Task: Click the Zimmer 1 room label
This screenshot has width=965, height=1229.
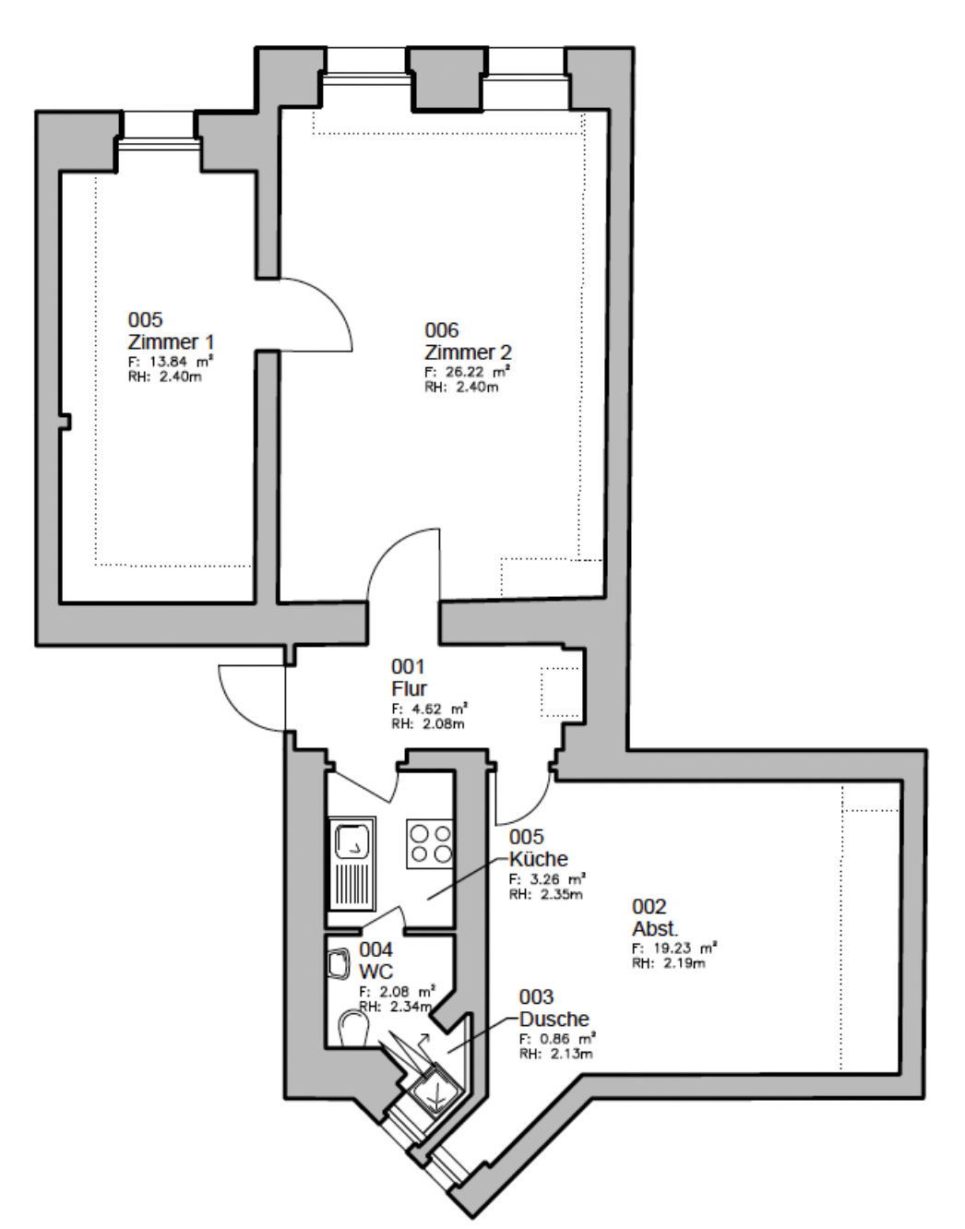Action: [x=171, y=342]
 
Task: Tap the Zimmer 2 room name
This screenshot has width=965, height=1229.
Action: [x=468, y=352]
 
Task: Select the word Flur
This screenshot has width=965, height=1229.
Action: [x=409, y=689]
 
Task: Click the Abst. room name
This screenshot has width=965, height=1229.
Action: [x=655, y=929]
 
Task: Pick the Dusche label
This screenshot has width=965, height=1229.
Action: [x=554, y=1019]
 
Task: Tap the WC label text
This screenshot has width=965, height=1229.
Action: [x=375, y=972]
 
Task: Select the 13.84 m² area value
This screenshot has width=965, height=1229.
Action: [x=181, y=361]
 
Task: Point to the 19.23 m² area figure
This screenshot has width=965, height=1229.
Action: [x=685, y=948]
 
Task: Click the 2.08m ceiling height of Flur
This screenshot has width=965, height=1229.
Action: [x=443, y=724]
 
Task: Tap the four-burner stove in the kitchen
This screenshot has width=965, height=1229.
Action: [x=430, y=843]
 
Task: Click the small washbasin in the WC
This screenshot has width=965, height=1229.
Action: [x=338, y=964]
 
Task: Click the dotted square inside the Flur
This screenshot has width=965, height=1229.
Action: [x=560, y=692]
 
